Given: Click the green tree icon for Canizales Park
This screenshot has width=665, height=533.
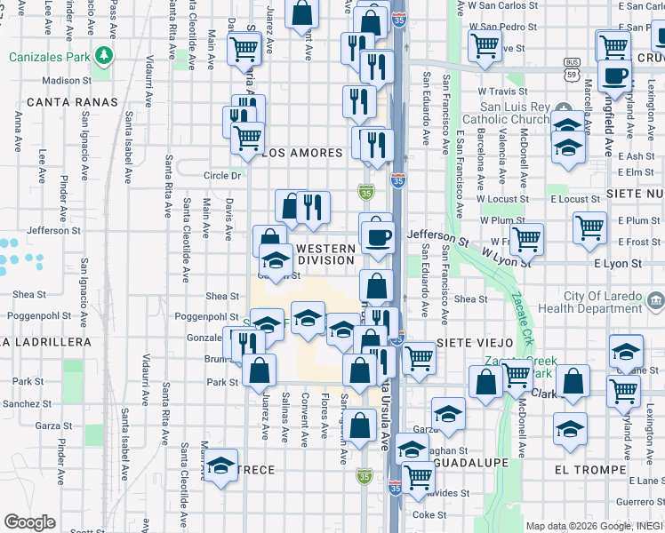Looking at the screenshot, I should point(105,56).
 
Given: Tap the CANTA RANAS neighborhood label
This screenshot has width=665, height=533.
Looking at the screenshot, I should point(72,102).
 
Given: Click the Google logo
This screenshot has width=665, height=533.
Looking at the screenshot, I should point(29,522).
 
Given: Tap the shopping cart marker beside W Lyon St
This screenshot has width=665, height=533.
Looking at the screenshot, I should point(527,237).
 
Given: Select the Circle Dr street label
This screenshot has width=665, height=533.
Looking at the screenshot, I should point(222,176).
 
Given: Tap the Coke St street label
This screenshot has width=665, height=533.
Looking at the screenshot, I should point(429,514).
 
